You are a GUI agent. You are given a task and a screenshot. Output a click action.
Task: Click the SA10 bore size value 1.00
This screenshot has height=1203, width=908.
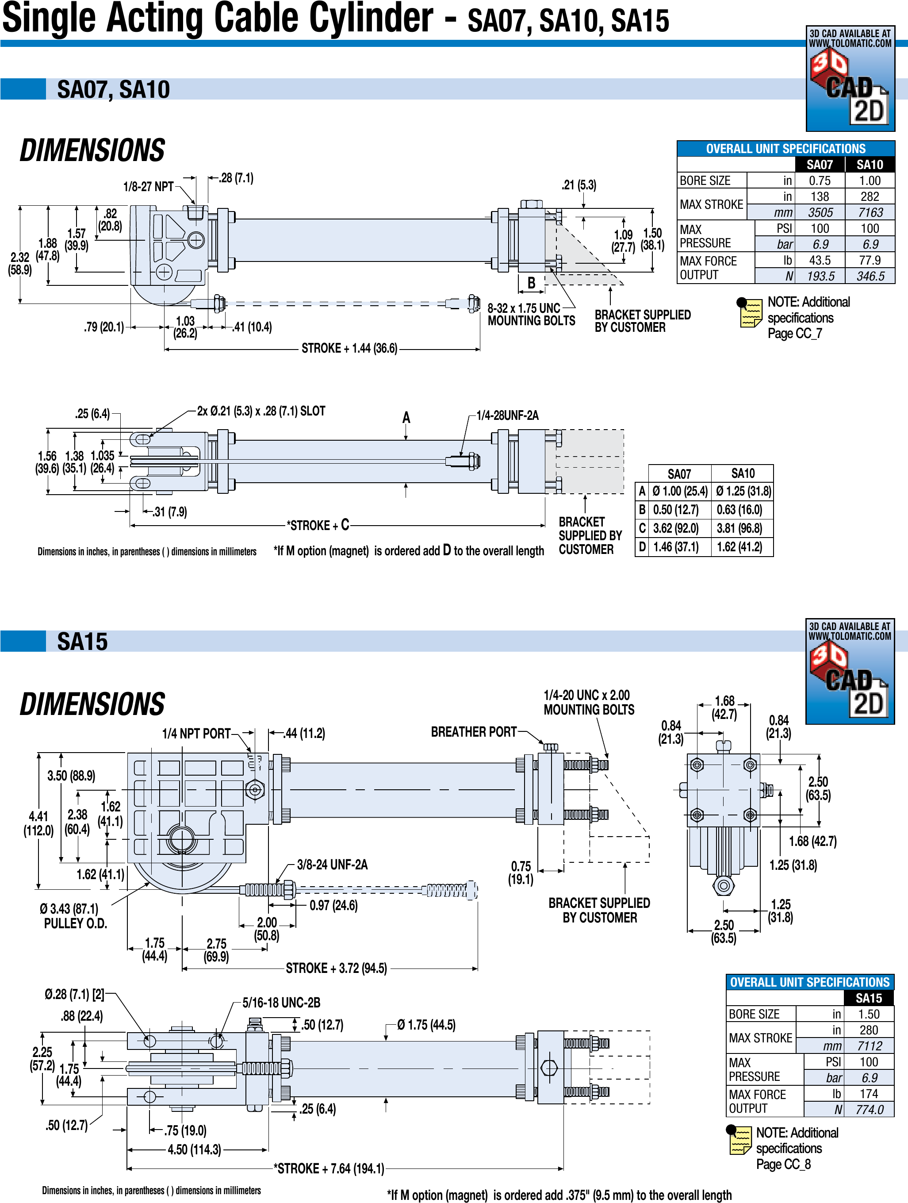pos(870,181)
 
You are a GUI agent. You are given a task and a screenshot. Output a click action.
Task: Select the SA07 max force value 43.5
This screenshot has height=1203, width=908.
pos(820,261)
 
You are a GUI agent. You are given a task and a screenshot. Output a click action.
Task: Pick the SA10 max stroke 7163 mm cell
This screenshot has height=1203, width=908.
pos(870,213)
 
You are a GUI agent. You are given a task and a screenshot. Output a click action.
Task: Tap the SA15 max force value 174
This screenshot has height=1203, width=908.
pos(868,1094)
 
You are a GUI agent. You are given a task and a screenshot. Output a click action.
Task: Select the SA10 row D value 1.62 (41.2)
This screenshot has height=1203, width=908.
pos(739,546)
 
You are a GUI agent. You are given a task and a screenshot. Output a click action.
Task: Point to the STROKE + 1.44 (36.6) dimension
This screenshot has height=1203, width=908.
pos(349,348)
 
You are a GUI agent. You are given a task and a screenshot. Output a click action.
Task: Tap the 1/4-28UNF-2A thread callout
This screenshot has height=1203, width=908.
pos(507,415)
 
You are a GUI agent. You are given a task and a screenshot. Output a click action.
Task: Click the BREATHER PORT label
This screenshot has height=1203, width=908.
pos(474,732)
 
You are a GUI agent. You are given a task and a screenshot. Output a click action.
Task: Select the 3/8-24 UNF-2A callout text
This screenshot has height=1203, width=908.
pos(332,865)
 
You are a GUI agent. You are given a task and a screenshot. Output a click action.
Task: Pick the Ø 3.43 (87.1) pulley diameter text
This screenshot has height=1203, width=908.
pos(69,909)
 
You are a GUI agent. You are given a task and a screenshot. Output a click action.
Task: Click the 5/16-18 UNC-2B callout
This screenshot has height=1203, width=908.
pos(281,1002)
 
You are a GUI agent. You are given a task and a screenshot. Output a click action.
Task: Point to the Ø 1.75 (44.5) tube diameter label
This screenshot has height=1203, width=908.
pos(426,1025)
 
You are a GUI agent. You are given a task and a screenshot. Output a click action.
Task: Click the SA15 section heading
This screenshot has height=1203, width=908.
pos(83,642)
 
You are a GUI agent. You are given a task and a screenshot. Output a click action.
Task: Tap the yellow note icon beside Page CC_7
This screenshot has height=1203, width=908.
pos(750,313)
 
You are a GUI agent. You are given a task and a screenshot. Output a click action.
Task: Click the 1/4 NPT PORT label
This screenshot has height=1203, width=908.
pos(196,734)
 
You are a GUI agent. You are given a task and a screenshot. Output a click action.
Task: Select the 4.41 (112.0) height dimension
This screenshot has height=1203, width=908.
pos(38,823)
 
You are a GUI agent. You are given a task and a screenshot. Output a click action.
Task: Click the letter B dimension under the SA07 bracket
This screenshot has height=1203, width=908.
pos(531,283)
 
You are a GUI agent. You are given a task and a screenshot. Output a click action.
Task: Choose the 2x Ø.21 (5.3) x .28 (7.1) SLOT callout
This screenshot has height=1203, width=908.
pos(261,411)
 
